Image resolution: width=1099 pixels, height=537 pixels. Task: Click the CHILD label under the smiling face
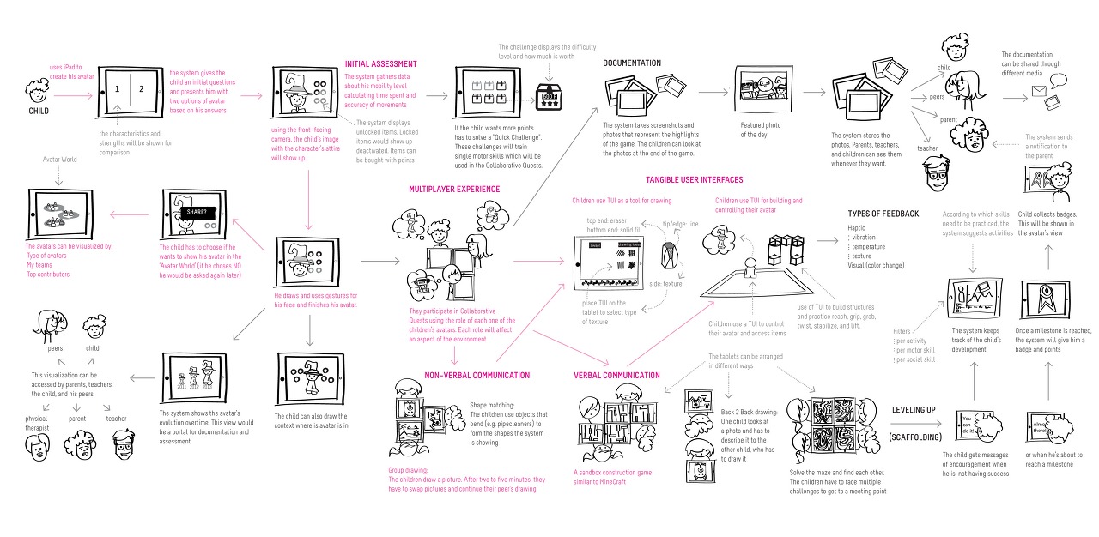tap(39, 111)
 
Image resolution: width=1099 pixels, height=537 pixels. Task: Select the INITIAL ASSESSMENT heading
tap(380, 64)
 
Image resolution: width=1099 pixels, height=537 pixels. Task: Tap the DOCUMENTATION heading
tap(632, 63)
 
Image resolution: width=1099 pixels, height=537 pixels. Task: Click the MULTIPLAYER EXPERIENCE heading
tap(455, 189)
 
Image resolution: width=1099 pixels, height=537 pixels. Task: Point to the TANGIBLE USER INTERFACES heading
tap(695, 180)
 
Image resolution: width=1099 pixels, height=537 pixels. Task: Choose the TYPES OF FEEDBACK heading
tap(883, 214)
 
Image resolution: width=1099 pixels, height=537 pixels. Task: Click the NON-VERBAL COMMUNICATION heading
tap(477, 376)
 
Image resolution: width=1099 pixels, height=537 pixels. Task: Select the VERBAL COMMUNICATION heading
tap(616, 376)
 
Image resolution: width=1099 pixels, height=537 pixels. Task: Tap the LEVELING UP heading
tap(914, 410)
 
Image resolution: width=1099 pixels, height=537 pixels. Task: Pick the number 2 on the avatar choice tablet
tap(142, 89)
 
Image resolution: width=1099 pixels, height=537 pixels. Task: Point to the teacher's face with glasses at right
tap(935, 175)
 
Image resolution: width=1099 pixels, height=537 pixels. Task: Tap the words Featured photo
tap(761, 126)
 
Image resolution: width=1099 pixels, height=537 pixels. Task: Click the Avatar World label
tap(59, 160)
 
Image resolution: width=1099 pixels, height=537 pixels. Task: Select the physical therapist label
tap(37, 423)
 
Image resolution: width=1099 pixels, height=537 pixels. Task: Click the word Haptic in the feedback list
tap(857, 228)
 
